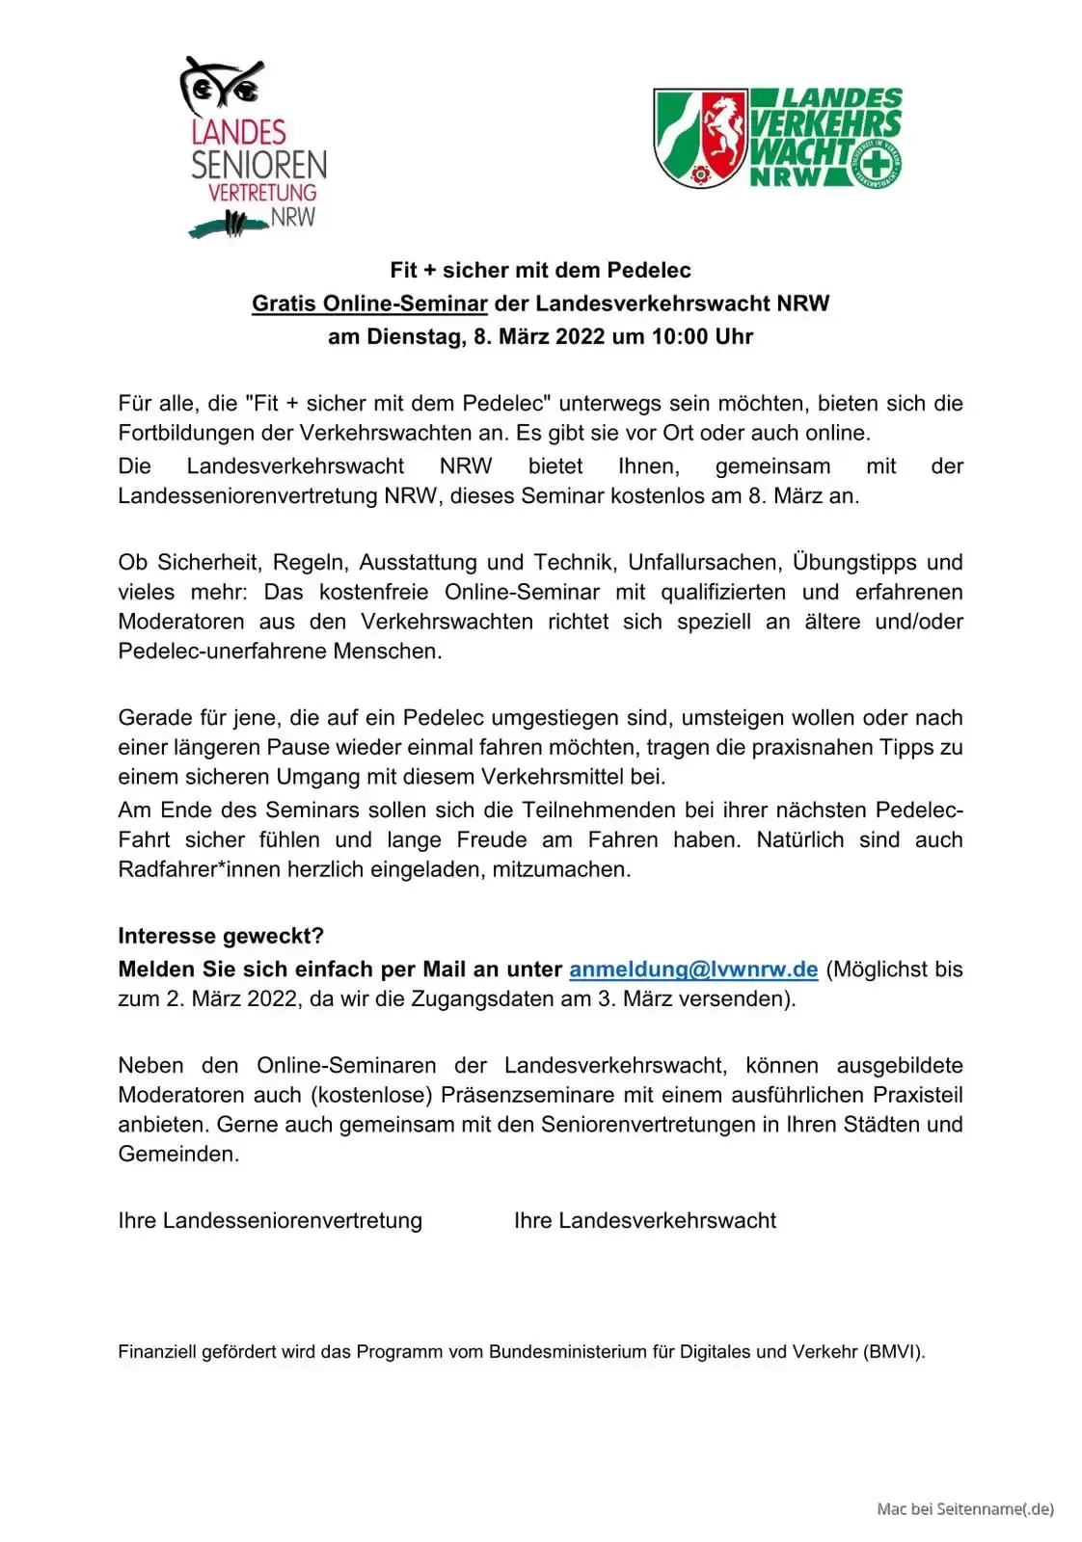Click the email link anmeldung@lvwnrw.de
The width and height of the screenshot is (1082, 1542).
693,970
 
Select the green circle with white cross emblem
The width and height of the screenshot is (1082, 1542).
877,163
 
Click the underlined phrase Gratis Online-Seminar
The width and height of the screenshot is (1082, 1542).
369,304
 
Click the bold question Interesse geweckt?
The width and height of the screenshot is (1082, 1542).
221,936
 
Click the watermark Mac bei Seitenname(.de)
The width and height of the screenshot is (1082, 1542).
965,1508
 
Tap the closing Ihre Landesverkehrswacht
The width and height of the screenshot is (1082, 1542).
644,1220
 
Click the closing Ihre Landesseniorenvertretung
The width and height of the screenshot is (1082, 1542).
270,1220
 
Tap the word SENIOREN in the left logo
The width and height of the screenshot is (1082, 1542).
258,165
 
